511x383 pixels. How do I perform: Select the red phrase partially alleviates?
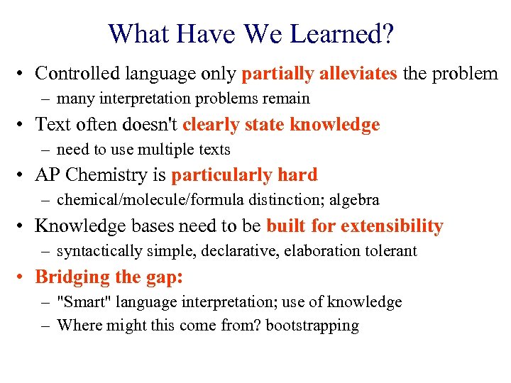(319, 73)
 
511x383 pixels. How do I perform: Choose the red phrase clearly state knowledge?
(281, 125)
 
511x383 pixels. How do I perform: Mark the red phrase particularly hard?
(244, 175)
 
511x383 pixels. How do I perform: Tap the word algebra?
(355, 201)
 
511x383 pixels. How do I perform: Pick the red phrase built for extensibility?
(355, 226)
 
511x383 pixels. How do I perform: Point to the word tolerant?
(390, 251)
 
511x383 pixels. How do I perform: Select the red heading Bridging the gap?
(109, 277)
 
